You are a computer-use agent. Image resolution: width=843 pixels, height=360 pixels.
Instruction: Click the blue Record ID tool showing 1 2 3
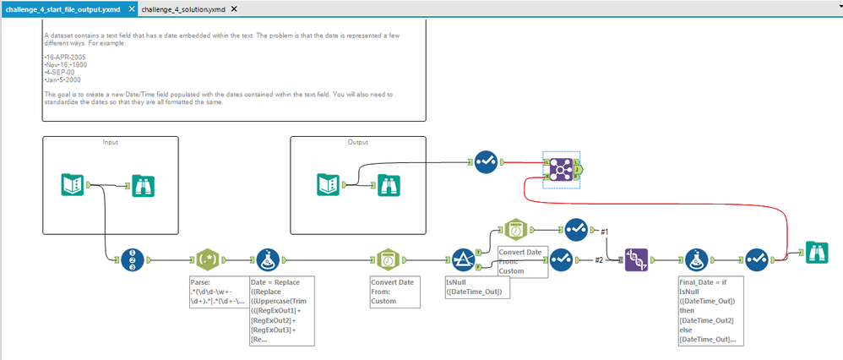(133, 260)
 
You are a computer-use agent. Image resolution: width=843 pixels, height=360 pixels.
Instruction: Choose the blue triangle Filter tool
(463, 260)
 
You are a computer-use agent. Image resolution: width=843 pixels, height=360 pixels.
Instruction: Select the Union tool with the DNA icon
(635, 260)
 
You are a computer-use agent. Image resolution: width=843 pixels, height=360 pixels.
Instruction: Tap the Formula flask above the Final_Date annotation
(698, 260)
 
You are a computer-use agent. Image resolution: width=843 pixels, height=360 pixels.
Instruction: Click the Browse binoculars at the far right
(816, 253)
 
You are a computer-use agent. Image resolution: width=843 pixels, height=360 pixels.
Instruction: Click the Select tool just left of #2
(561, 260)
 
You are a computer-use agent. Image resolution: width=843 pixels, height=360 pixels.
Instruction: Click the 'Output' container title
(357, 142)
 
